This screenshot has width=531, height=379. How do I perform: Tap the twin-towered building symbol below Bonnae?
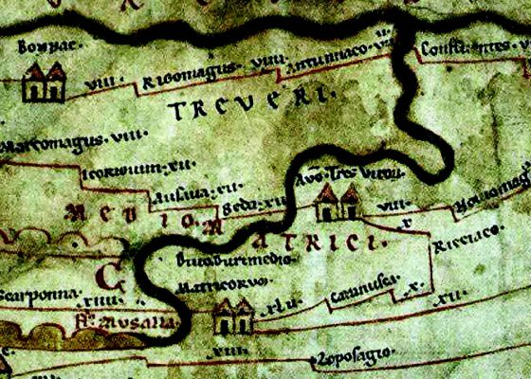tap(44, 82)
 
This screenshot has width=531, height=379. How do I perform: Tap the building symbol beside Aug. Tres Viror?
tap(337, 201)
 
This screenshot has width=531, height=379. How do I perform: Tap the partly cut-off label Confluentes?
tap(465, 45)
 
